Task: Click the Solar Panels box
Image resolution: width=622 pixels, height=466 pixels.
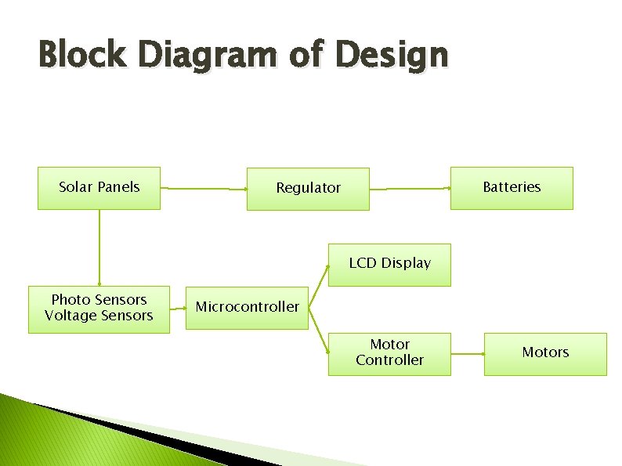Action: (x=99, y=188)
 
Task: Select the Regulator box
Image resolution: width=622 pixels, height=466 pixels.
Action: (x=308, y=189)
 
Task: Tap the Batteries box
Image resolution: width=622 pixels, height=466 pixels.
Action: (x=512, y=188)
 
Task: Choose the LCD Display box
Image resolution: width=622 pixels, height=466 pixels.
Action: (x=389, y=264)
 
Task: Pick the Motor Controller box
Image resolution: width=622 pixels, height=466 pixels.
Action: (x=389, y=353)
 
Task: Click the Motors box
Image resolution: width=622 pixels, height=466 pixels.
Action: (x=545, y=353)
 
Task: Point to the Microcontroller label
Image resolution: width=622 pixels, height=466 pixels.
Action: (x=247, y=307)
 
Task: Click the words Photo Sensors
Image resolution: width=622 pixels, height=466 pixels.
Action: (x=99, y=300)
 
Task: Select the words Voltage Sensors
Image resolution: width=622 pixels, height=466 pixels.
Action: (x=99, y=316)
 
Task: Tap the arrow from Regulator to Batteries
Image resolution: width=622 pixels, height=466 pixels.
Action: (x=410, y=189)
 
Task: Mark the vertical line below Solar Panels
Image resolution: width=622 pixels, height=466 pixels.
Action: (x=99, y=247)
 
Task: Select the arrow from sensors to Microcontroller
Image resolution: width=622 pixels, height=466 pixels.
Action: (x=178, y=309)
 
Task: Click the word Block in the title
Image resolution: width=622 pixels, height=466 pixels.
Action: (x=80, y=56)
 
